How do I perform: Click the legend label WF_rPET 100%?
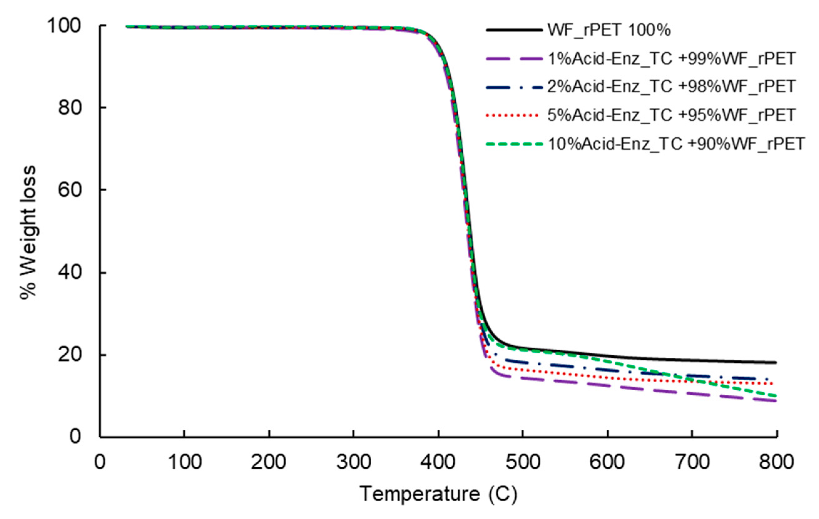click(x=609, y=30)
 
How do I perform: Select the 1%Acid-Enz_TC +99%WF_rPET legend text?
click(x=671, y=59)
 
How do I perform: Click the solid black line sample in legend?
click(x=514, y=30)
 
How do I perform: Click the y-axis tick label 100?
click(x=64, y=26)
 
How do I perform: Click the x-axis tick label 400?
click(x=438, y=462)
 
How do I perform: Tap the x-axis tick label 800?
click(x=776, y=462)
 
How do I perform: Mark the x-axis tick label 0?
click(x=100, y=462)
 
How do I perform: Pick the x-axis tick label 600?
click(x=607, y=462)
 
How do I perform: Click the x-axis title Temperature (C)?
click(x=438, y=493)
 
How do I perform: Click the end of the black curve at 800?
click(x=776, y=362)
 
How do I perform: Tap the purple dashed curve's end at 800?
click(x=776, y=401)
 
